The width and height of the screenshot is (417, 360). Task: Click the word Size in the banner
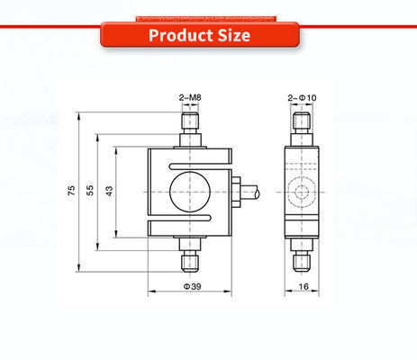coord(234,35)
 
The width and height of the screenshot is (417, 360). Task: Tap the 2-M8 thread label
coord(190,97)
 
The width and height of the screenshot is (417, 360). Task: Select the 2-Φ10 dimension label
coord(302,98)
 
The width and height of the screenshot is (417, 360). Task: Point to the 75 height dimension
coord(71,191)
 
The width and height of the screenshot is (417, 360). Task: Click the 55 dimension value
coord(90,191)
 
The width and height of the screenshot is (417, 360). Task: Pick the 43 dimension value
coord(109,191)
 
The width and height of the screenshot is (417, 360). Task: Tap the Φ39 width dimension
coord(192,286)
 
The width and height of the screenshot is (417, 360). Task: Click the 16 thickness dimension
coord(304,286)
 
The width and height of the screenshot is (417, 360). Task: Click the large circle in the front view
coord(190,192)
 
